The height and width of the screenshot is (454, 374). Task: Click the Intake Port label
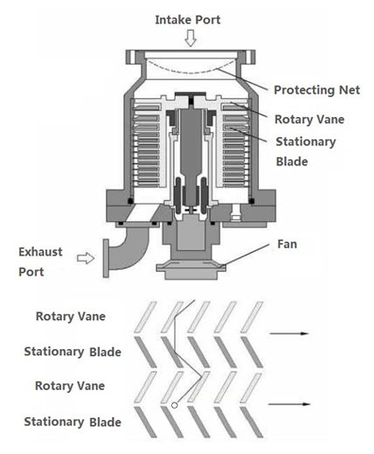188,20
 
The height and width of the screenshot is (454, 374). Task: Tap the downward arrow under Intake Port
190,38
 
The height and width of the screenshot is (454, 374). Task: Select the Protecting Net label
317,90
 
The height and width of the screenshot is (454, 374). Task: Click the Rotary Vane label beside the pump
309,119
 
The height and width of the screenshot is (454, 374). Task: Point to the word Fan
287,244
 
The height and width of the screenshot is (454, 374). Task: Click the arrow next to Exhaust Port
86,258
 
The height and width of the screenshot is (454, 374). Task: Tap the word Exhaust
40,252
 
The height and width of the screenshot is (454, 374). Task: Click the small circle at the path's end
175,405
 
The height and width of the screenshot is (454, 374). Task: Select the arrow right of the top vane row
289,333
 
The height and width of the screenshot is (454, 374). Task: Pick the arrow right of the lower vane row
289,404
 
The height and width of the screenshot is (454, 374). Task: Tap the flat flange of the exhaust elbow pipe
106,258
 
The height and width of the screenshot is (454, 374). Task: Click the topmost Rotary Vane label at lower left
71,317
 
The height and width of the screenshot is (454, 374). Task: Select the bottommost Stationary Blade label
73,422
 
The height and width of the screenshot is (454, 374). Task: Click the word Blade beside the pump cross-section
292,162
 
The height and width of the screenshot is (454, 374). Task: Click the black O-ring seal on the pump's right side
252,201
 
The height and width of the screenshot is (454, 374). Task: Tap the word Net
350,90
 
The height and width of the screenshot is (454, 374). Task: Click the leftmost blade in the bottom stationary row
145,423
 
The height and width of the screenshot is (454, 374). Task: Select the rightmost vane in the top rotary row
253,318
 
